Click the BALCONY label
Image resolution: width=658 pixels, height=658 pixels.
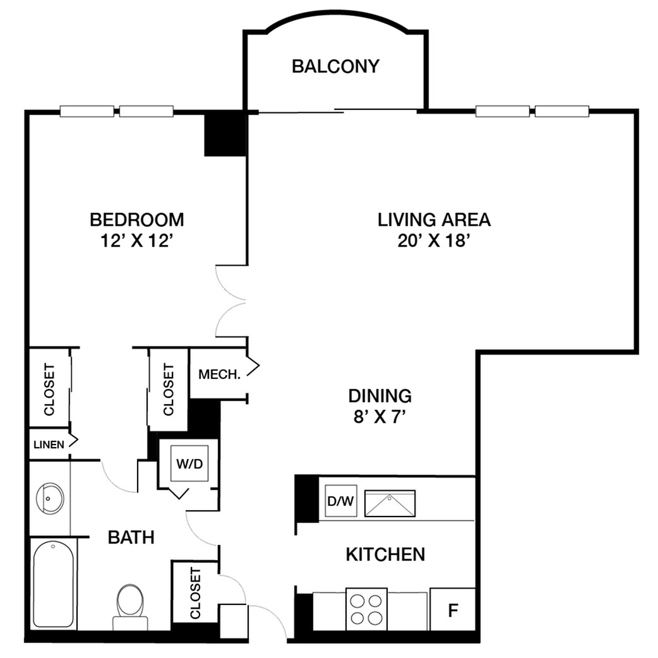[x=335, y=67]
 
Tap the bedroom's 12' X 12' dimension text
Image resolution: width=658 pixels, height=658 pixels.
[x=137, y=241]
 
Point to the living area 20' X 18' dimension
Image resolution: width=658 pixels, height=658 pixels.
[x=433, y=241]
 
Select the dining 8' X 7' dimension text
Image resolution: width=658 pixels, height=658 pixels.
[x=380, y=417]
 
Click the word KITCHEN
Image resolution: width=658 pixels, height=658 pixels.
[x=385, y=554]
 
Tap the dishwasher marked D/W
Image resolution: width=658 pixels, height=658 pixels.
[x=341, y=501]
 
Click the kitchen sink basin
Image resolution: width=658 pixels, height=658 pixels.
[x=390, y=503]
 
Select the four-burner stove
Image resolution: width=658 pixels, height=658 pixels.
[x=366, y=609]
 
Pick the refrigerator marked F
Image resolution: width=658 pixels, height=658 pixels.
[x=453, y=609]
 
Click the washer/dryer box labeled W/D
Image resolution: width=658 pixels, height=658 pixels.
[x=189, y=464]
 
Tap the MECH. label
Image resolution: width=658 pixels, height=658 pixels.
[x=220, y=374]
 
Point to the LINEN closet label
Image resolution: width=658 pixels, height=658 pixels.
[x=49, y=445]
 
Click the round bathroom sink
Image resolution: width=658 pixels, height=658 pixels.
[x=50, y=498]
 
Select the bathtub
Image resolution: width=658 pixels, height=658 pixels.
[x=53, y=584]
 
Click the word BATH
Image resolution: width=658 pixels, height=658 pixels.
[x=131, y=537]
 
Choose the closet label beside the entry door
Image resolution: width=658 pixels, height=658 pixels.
[x=196, y=594]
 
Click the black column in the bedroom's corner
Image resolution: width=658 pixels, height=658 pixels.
[x=225, y=133]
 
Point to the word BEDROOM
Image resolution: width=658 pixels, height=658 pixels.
[x=137, y=220]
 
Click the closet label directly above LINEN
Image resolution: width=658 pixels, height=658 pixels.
[x=49, y=390]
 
